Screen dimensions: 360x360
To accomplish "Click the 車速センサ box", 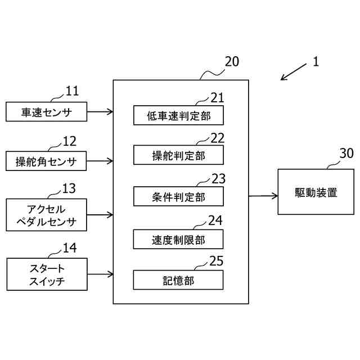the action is click(46, 111).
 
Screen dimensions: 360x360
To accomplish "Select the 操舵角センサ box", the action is click(46, 161).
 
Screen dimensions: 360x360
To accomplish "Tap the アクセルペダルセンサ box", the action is click(46, 215).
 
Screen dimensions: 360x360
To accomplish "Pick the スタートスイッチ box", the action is click(47, 274).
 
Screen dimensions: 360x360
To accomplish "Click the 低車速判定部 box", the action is click(179, 115).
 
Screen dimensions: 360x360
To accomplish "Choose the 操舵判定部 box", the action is click(179, 155).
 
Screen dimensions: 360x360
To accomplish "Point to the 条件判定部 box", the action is click(179, 196).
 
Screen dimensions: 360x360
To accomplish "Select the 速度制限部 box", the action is click(178, 239).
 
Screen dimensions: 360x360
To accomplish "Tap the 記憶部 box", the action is click(178, 280).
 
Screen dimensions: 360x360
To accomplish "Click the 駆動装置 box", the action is click(316, 192).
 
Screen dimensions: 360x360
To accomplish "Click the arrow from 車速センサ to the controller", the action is click(100, 112).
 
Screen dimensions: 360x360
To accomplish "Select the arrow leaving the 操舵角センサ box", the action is click(100, 161).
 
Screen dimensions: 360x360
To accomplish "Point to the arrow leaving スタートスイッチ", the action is click(100, 274).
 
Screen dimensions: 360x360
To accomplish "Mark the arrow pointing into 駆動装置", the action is click(263, 196).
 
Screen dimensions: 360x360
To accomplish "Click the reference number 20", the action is click(232, 61).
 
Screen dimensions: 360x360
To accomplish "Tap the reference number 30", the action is click(346, 153).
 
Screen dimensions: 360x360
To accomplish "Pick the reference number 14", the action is click(70, 247).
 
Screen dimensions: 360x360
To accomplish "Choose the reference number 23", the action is click(218, 179).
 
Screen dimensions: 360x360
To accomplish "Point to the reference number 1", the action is click(316, 61).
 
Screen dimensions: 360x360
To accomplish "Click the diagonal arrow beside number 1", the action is click(294, 72).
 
